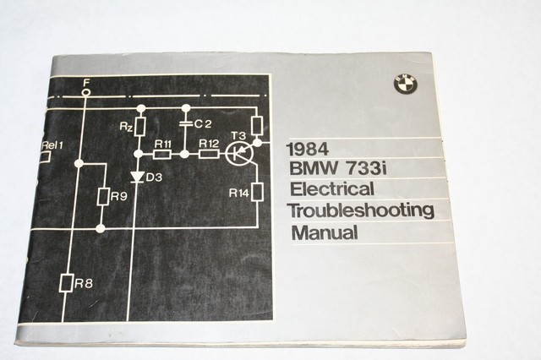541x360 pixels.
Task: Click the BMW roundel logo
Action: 402,84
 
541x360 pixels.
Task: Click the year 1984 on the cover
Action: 309,148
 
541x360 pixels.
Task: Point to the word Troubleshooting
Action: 361,210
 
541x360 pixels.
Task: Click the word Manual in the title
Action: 324,232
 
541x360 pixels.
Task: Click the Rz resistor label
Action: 124,127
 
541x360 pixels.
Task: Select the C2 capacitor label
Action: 202,124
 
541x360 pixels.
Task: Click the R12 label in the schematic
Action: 208,145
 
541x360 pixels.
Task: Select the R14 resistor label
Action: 239,193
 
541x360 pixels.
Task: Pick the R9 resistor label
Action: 119,197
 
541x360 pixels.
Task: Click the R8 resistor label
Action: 83,283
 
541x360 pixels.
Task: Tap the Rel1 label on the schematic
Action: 52,145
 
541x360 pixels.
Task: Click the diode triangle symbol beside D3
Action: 138,177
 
